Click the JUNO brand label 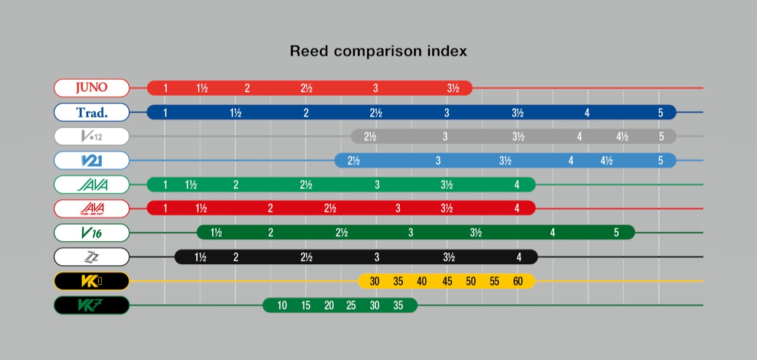(92, 88)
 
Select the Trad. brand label (92, 112)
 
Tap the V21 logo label (92, 160)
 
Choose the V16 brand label (92, 233)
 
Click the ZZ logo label (92, 257)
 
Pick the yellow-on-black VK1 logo (92, 281)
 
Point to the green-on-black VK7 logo (92, 306)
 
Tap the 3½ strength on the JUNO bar (453, 89)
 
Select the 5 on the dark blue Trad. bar (661, 113)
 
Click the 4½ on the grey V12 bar (622, 137)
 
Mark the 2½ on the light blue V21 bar (354, 161)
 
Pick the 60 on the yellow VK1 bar (518, 281)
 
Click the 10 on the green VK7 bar (282, 306)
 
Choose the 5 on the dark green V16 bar (616, 233)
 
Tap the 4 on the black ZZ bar (519, 257)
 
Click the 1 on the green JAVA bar (165, 185)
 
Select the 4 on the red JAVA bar (517, 209)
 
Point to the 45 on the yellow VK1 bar (447, 281)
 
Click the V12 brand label (92, 137)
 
